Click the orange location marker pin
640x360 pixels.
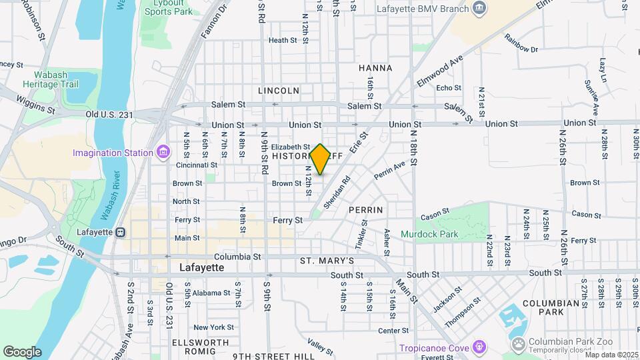point(320,159)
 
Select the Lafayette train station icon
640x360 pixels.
point(121,233)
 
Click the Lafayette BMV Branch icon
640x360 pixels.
point(479,8)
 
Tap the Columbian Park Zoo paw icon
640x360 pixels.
point(519,343)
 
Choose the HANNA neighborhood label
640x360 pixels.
point(375,68)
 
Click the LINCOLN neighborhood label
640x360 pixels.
point(278,90)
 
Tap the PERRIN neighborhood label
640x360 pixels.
point(365,209)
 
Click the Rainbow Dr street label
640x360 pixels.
point(521,44)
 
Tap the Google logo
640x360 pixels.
point(22,351)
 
